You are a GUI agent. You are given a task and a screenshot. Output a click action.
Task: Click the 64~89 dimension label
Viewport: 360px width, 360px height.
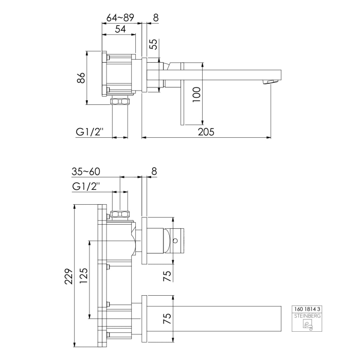pyautogui.click(x=120, y=17)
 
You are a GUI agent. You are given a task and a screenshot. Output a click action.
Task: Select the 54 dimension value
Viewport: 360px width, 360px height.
pyautogui.click(x=120, y=29)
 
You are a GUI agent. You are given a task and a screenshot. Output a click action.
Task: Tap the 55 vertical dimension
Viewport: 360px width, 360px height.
pyautogui.click(x=153, y=45)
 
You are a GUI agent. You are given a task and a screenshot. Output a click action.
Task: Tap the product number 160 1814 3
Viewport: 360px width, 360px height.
pyautogui.click(x=307, y=309)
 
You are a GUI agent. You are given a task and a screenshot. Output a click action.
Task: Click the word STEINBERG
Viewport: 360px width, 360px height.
pyautogui.click(x=307, y=316)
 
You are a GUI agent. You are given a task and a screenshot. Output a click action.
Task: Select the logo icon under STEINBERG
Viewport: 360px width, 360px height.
pyautogui.click(x=307, y=325)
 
